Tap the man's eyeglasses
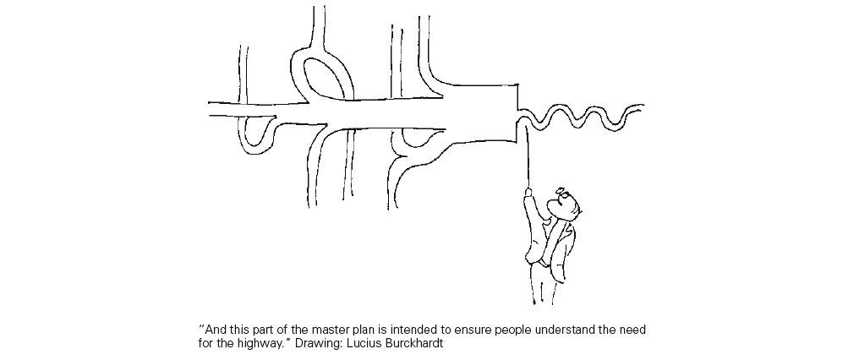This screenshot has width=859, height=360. coord(562,193)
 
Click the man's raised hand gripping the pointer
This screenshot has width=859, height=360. coord(528,193)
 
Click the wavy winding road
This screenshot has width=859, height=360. coord(581,117)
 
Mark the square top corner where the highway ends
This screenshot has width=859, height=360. coord(517,85)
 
